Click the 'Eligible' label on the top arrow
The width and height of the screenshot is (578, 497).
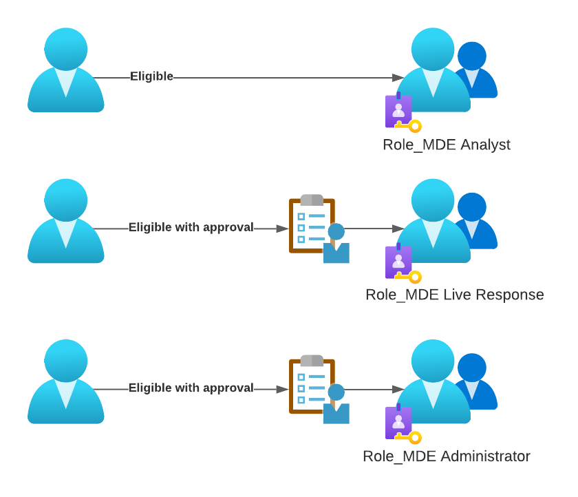[x=151, y=76]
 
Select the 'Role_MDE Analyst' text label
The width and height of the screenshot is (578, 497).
[x=447, y=145]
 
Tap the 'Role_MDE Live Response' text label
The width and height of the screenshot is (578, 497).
[x=454, y=295]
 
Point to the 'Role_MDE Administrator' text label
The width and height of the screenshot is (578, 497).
[x=447, y=456]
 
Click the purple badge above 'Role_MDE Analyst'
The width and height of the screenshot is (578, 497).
[x=398, y=110]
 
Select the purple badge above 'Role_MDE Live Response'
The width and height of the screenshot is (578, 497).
[x=398, y=261]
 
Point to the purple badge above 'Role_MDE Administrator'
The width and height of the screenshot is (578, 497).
[x=398, y=422]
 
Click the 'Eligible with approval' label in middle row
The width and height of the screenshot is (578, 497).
[x=191, y=227]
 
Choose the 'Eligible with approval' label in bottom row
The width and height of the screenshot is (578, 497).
[x=191, y=388]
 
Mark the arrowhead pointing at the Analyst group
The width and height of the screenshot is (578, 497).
[x=398, y=77]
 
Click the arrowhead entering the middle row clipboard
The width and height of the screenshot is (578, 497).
[x=282, y=229]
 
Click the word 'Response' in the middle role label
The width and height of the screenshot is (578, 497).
[x=509, y=295]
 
